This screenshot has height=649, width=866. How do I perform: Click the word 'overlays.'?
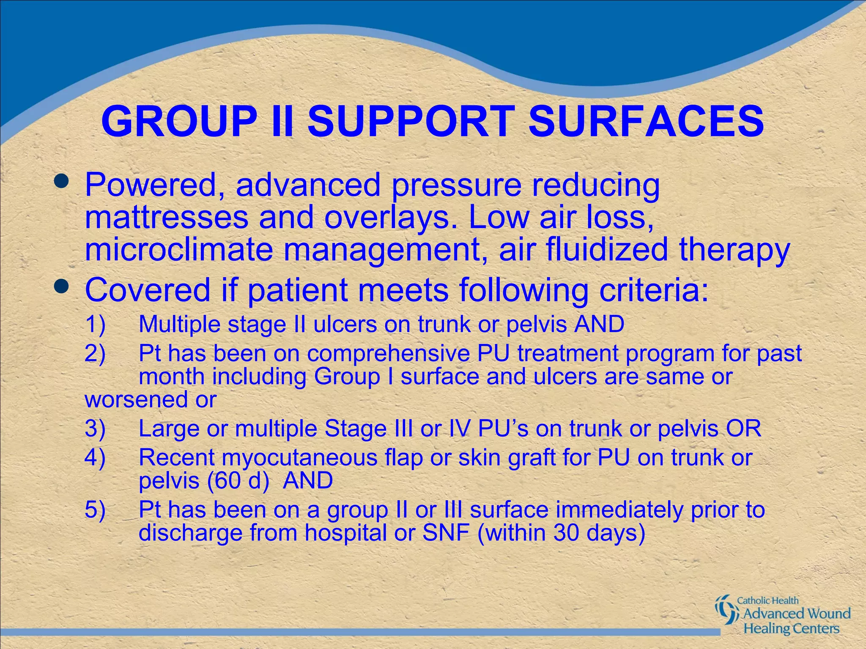point(391,217)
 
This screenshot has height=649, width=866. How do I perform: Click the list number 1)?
point(95,324)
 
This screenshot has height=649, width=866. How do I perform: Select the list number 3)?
point(95,428)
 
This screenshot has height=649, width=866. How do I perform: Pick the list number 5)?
point(95,510)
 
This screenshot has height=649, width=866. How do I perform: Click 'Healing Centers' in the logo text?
point(791,628)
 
